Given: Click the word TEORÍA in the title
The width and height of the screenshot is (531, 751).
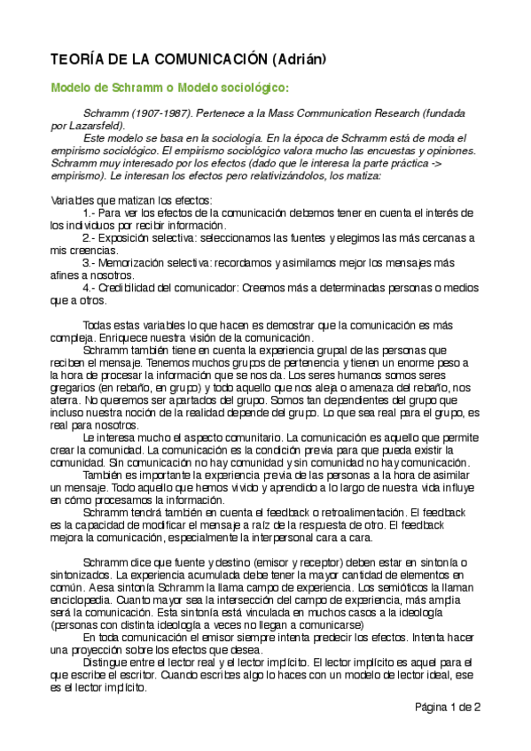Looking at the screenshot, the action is click(74, 59).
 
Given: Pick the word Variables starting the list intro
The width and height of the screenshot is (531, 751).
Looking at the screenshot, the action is click(73, 201).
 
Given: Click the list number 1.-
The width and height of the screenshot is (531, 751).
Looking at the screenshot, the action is click(90, 213).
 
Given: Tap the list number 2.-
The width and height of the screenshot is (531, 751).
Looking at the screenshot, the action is click(90, 238).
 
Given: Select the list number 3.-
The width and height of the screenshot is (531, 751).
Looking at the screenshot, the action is click(90, 263).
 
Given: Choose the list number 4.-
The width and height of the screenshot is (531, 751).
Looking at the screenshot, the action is click(90, 288).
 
